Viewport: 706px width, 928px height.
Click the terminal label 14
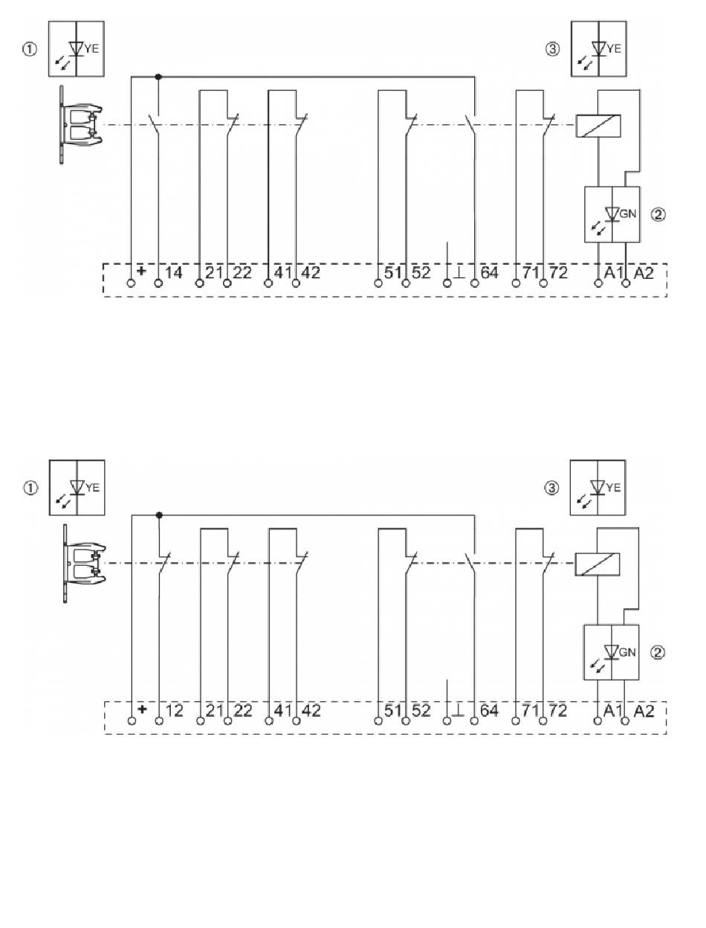pyautogui.click(x=173, y=273)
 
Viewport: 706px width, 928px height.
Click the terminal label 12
pyautogui.click(x=173, y=710)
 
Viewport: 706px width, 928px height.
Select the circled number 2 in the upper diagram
pyautogui.click(x=658, y=215)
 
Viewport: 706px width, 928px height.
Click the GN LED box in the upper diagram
pyautogui.click(x=612, y=214)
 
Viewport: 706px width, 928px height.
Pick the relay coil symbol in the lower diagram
pyautogui.click(x=599, y=564)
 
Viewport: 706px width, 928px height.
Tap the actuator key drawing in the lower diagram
pyautogui.click(x=83, y=563)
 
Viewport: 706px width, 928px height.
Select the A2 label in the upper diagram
pyautogui.click(x=644, y=273)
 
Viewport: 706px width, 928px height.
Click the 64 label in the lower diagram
pyautogui.click(x=489, y=710)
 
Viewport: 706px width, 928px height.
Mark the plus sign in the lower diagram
pyautogui.click(x=142, y=710)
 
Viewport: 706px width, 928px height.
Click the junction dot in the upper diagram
pyautogui.click(x=158, y=76)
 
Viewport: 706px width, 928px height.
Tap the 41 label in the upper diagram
pyautogui.click(x=283, y=273)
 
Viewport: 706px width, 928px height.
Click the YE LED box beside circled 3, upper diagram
pyautogui.click(x=597, y=49)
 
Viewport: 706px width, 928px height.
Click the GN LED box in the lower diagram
pyautogui.click(x=612, y=652)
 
